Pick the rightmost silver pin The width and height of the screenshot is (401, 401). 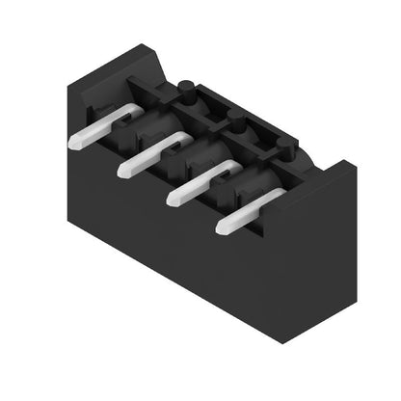point(247,211)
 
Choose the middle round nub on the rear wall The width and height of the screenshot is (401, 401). point(235,123)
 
